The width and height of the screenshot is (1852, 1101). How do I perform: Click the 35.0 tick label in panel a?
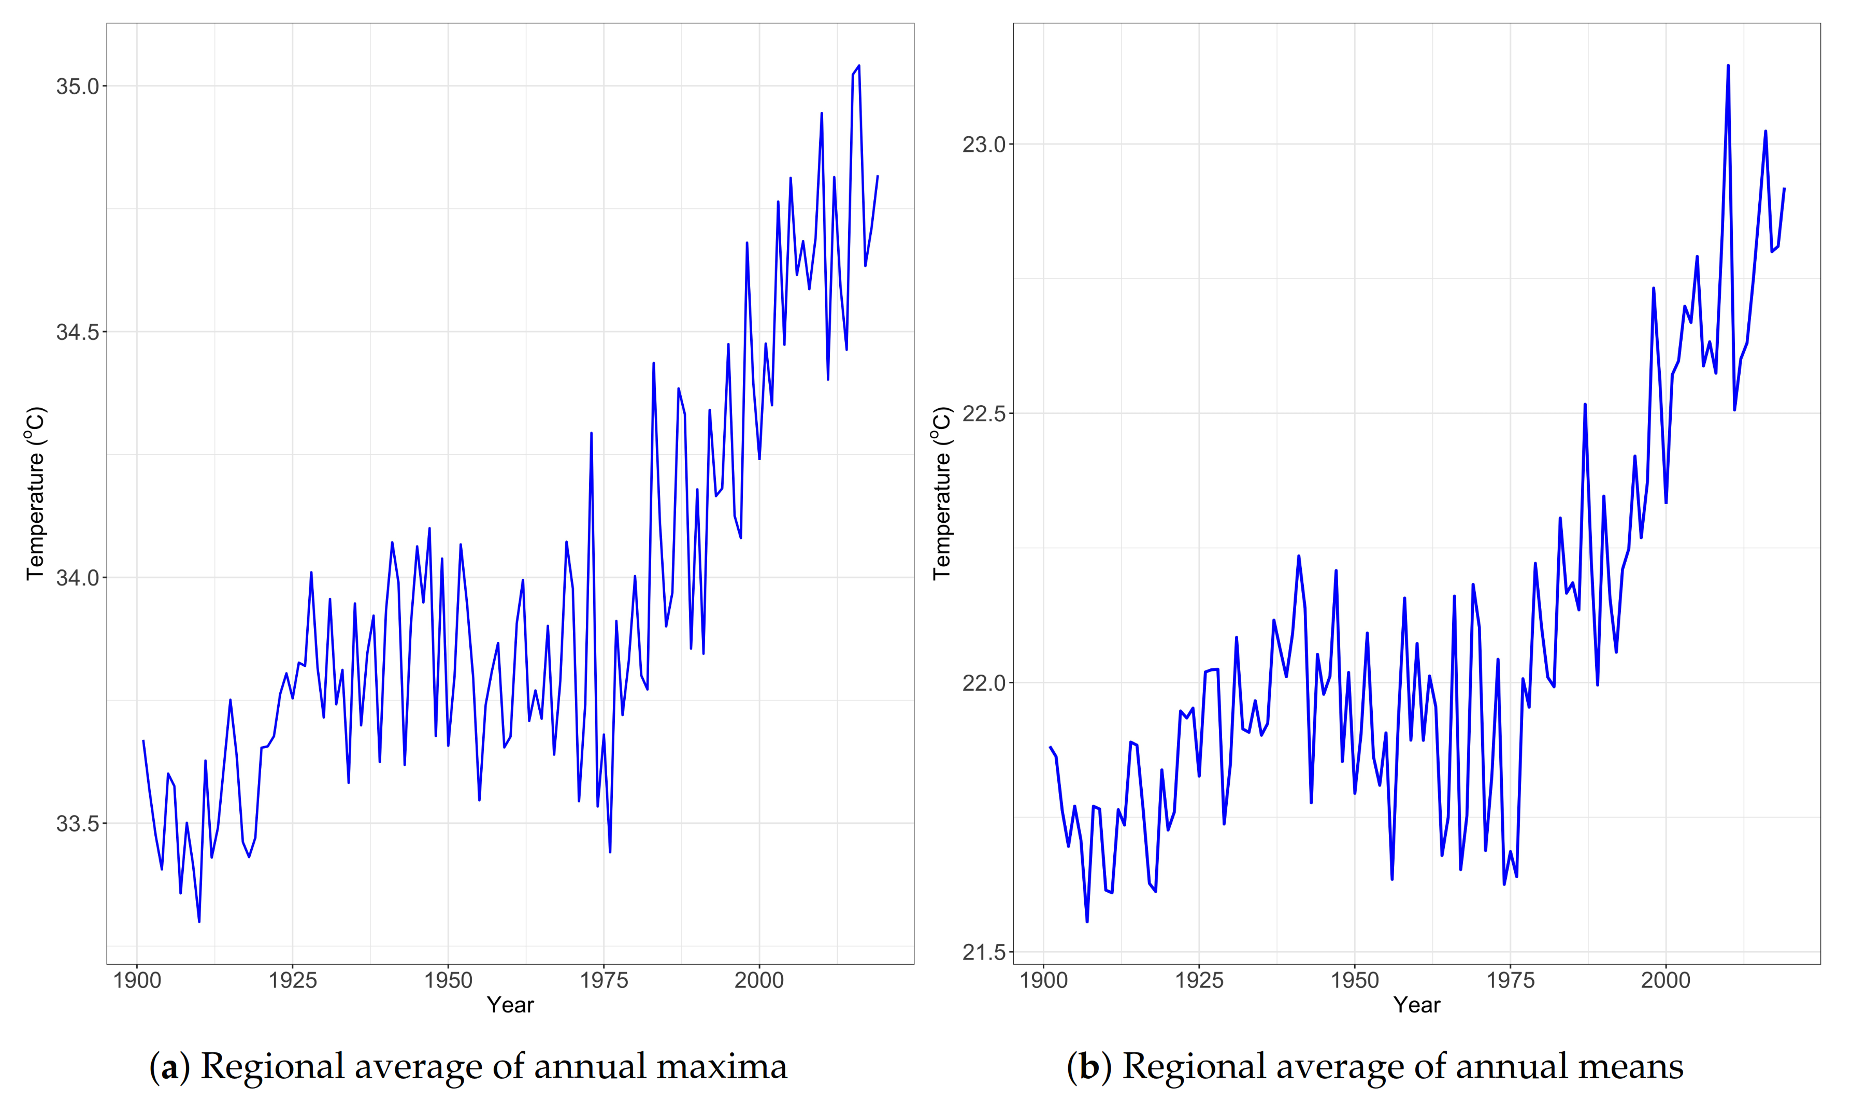[77, 86]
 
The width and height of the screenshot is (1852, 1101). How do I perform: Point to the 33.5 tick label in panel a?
[77, 823]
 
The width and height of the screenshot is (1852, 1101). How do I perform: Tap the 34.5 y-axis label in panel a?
[77, 332]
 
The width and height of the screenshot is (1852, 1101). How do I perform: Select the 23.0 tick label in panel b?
[983, 144]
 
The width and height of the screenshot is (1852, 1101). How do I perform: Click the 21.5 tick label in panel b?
[983, 952]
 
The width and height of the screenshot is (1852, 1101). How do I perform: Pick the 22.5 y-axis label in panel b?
[983, 413]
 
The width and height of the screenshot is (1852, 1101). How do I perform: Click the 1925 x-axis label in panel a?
[292, 980]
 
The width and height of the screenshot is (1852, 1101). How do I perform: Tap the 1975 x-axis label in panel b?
[1510, 980]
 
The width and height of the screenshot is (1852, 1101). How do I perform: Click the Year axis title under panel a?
[510, 1005]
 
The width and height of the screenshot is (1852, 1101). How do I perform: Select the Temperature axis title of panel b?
[941, 493]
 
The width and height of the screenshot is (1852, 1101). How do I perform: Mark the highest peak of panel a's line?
[859, 66]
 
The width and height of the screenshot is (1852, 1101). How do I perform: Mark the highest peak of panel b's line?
[1728, 65]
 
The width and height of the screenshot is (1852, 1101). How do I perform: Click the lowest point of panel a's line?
[199, 921]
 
